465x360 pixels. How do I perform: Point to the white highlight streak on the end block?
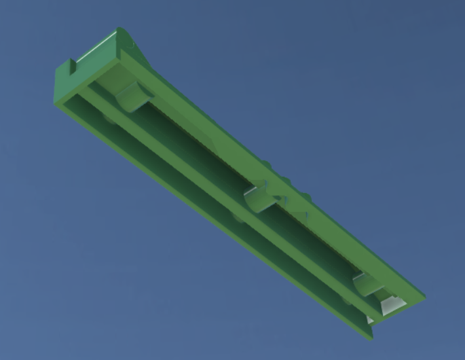coord(133,45)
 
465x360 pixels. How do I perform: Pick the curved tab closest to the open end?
coord(367,283)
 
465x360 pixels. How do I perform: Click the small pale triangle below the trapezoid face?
coord(370,319)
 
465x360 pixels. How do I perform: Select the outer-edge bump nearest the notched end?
coord(265,163)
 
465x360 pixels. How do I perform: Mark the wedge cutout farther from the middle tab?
coord(301,216)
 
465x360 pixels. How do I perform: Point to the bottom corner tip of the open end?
coord(371,339)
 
